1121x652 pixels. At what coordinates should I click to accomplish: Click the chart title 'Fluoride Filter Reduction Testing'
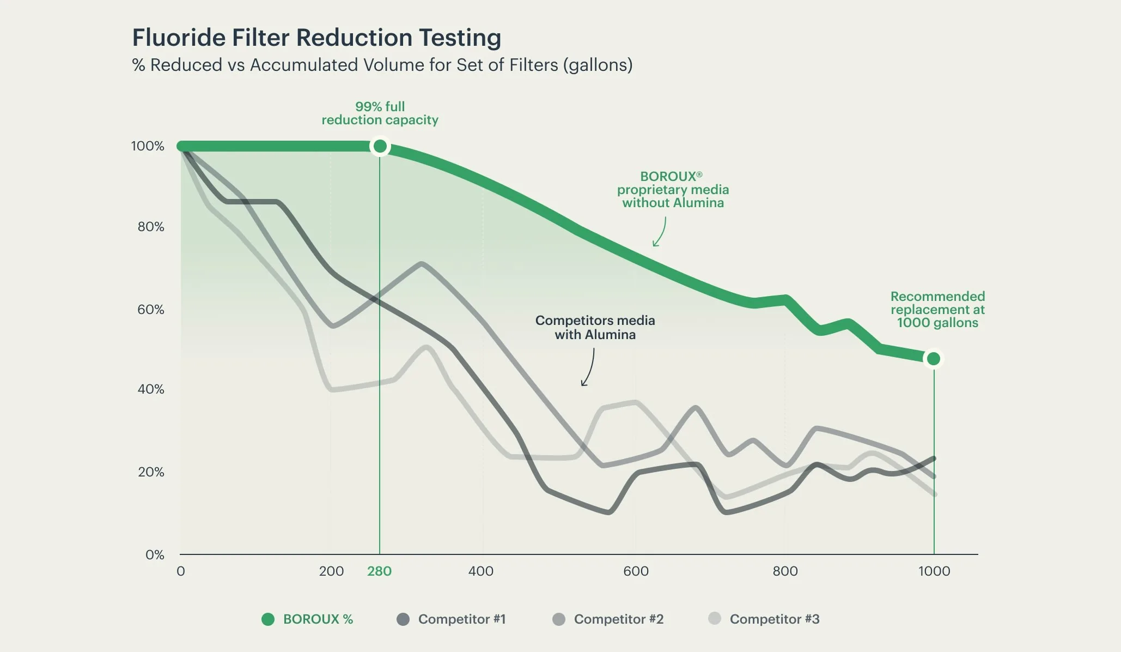click(316, 38)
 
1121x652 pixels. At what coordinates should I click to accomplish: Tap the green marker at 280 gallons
click(380, 146)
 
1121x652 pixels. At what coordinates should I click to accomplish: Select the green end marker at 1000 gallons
click(934, 359)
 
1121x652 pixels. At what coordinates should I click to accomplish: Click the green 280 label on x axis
click(379, 571)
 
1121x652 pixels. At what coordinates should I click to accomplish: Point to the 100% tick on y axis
click(147, 146)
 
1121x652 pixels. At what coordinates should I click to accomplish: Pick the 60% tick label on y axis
click(150, 310)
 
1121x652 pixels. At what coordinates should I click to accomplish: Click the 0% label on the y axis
click(155, 555)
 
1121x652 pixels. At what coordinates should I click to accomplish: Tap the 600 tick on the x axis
click(636, 571)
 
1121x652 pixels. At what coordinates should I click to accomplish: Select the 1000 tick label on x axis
click(934, 571)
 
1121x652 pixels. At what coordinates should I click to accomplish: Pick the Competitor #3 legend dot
click(715, 619)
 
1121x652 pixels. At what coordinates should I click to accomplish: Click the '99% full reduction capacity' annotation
click(380, 113)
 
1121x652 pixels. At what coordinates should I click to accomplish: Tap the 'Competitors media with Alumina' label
click(595, 328)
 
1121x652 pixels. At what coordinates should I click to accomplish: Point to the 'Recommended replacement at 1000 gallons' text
click(937, 310)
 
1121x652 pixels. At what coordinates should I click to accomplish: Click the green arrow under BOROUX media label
click(660, 232)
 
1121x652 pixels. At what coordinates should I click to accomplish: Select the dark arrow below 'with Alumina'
click(588, 368)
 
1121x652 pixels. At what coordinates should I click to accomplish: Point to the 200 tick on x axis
click(331, 571)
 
